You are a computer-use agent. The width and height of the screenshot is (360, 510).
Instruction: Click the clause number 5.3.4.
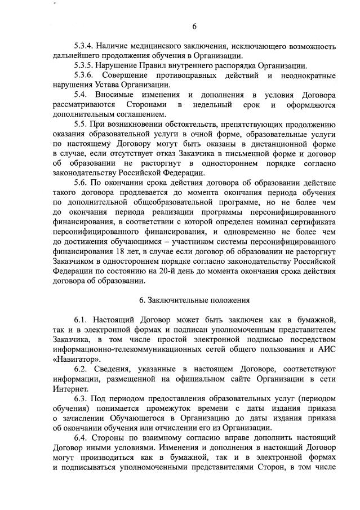[x=86, y=45]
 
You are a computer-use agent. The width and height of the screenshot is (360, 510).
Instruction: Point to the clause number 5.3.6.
[x=86, y=75]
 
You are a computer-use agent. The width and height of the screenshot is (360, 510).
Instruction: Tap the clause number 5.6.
[x=82, y=183]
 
